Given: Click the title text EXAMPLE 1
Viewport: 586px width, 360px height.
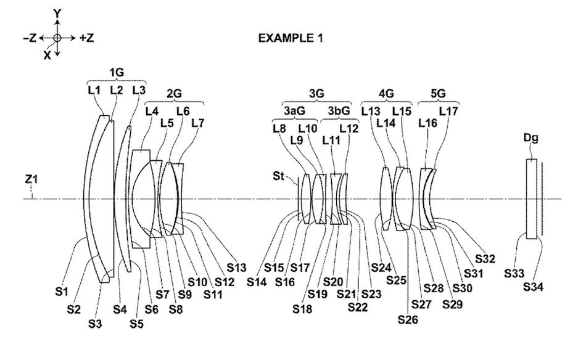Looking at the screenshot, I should click(x=290, y=38).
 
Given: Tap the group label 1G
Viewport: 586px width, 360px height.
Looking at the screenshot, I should click(x=117, y=73).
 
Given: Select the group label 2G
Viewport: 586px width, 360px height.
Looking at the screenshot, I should click(x=174, y=94).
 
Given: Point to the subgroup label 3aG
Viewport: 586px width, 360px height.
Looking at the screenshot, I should click(x=294, y=110).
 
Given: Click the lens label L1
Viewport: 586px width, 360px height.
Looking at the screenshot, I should click(x=94, y=90).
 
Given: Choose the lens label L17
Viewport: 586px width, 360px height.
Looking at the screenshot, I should click(x=448, y=111).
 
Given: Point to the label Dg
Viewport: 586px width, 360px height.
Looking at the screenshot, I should click(x=530, y=139).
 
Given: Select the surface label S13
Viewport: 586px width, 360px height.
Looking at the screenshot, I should click(x=236, y=268).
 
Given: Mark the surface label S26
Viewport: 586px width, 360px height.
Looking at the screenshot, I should click(x=407, y=319).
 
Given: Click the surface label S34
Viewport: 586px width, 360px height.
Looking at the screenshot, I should click(x=535, y=287).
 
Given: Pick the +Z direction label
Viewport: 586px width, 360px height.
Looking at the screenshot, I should click(x=87, y=38).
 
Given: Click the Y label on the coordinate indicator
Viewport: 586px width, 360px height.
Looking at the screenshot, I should click(x=57, y=13).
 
